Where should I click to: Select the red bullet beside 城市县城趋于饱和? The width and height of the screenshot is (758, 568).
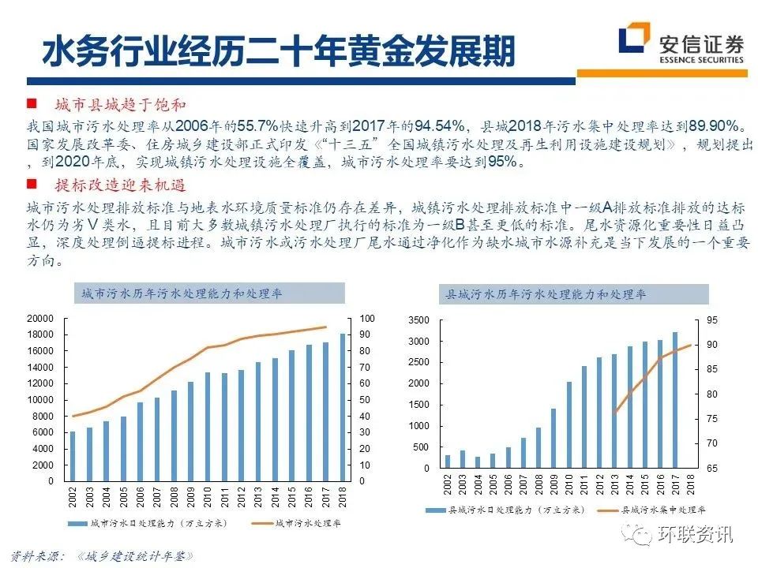point(32,104)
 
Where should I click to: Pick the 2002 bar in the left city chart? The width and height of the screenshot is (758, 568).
point(73,456)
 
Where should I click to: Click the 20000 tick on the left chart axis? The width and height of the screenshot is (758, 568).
point(39,318)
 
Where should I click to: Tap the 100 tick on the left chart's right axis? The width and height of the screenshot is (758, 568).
point(368,318)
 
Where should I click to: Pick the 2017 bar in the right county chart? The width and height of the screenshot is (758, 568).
point(675,401)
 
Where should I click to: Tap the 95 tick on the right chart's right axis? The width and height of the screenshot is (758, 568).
point(713,320)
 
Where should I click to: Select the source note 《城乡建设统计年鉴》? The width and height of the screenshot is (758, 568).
point(135,555)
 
